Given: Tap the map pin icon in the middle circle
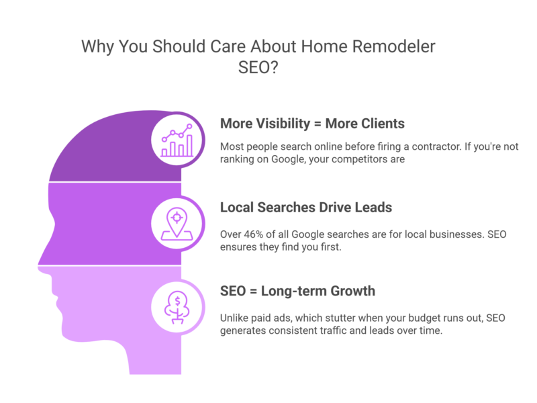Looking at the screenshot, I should [x=177, y=224].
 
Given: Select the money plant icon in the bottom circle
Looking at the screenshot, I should [x=177, y=307].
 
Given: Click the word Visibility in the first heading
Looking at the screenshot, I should [x=289, y=124].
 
